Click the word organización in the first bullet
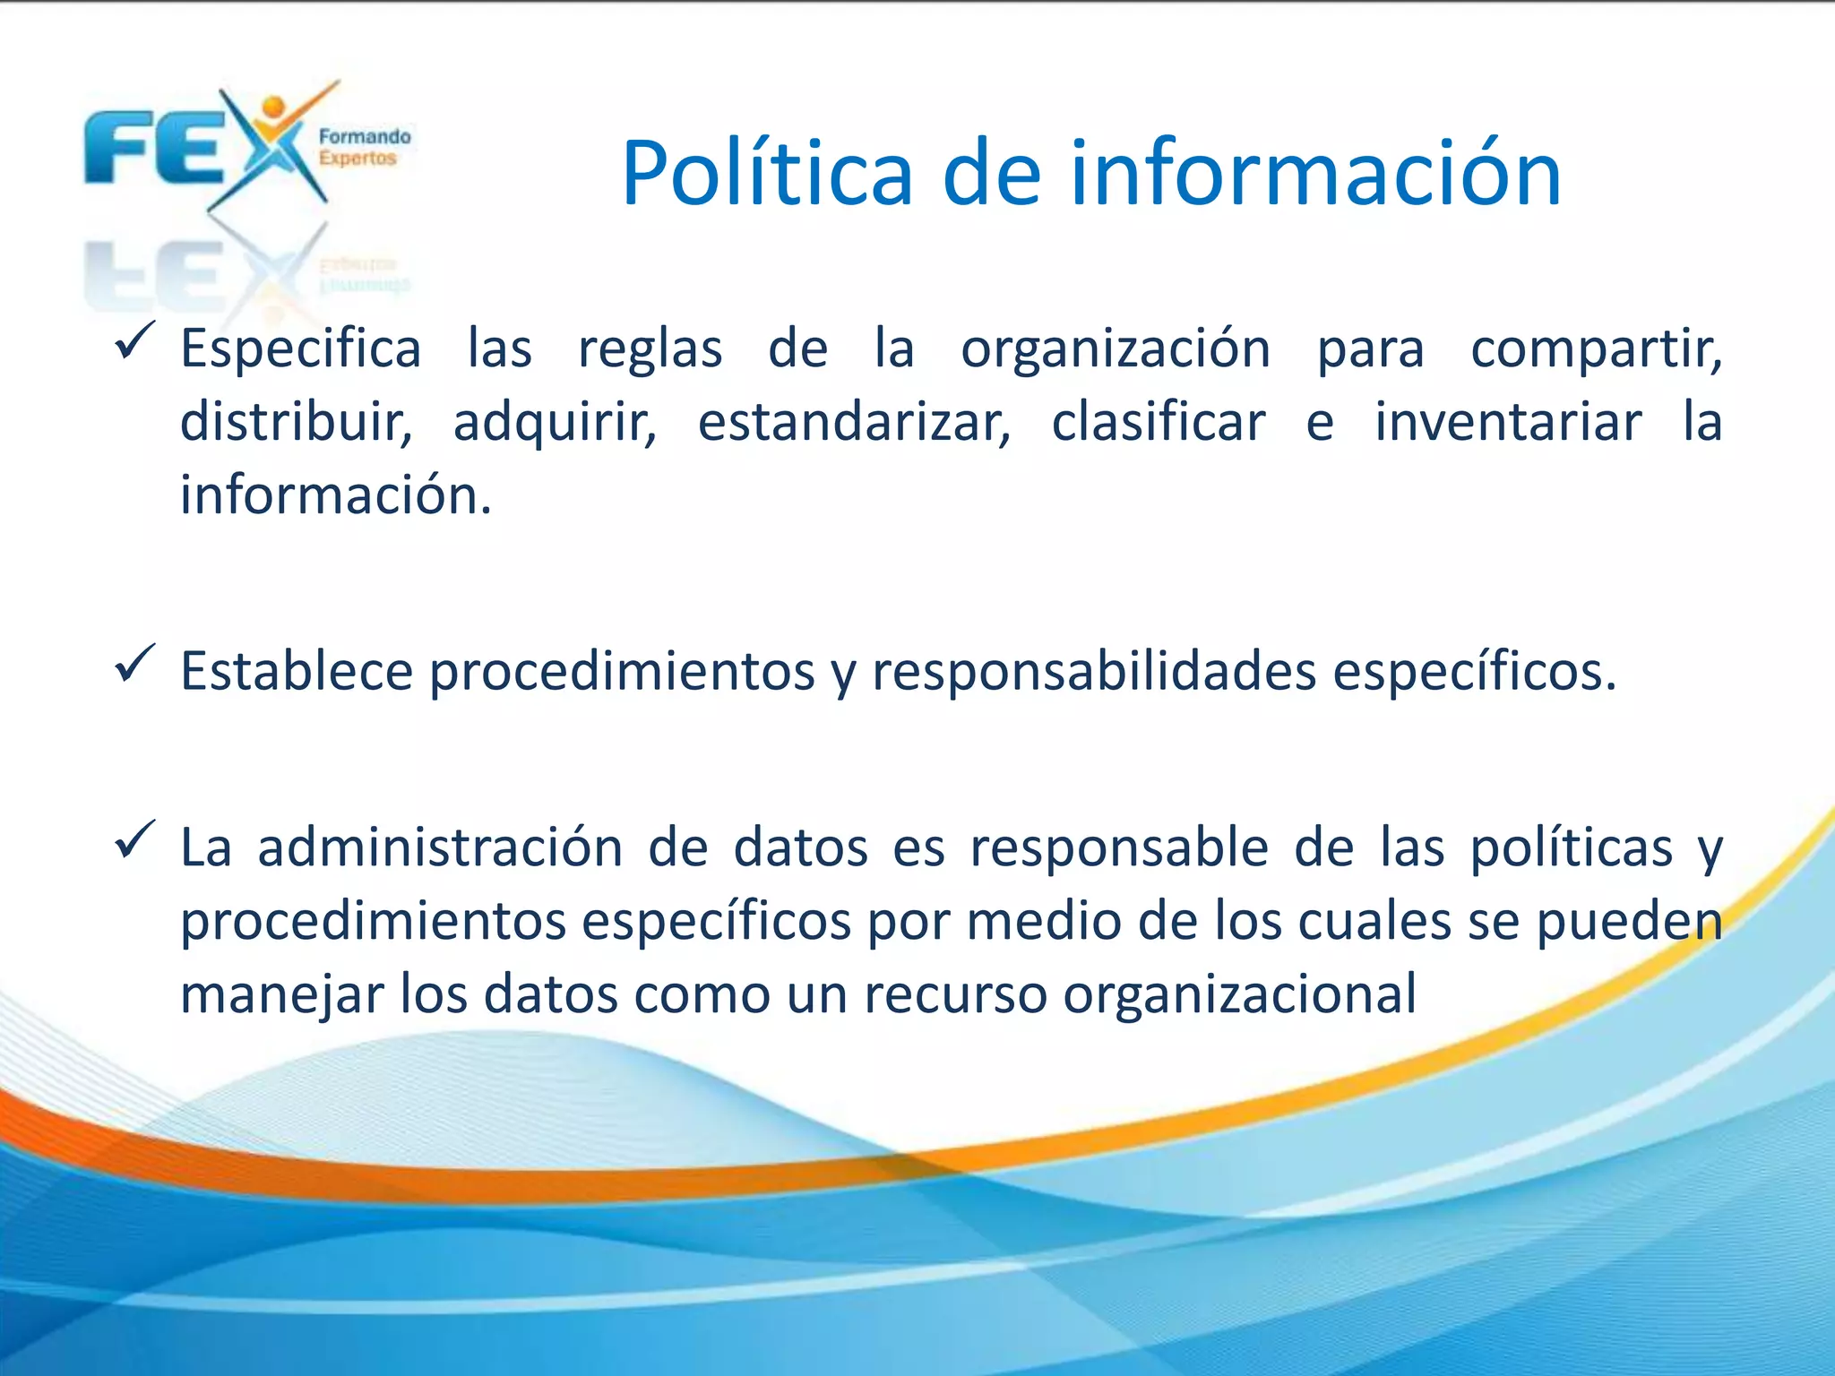pos(1116,349)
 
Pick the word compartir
pos(1596,349)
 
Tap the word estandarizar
pos(854,423)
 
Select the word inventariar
pos(1509,423)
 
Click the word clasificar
pos(1159,423)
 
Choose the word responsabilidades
pos(1094,672)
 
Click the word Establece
pos(297,672)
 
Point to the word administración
pos(440,847)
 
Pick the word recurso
pos(955,994)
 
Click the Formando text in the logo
pos(365,137)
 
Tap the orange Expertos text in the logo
pos(358,159)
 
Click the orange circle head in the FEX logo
pos(274,107)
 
